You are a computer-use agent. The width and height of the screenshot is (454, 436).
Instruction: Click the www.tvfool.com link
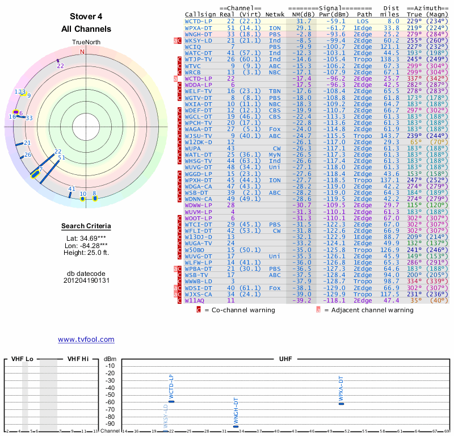pyautogui.click(x=86, y=339)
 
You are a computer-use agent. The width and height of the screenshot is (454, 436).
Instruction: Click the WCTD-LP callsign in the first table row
pyautogui.click(x=199, y=21)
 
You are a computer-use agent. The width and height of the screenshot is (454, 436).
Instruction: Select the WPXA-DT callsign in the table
pyautogui.click(x=199, y=28)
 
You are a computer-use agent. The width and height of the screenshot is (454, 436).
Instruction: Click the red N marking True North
pyautogui.click(x=83, y=52)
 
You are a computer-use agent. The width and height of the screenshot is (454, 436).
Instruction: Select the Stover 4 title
pyautogui.click(x=86, y=16)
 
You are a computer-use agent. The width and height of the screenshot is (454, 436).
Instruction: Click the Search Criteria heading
pyautogui.click(x=86, y=227)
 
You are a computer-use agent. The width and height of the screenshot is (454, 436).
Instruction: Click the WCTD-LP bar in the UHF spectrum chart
pyautogui.click(x=171, y=401)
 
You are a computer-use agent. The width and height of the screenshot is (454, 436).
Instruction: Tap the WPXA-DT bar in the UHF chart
pyautogui.click(x=342, y=404)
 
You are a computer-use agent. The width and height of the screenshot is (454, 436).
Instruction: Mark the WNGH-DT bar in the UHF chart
pyautogui.click(x=236, y=426)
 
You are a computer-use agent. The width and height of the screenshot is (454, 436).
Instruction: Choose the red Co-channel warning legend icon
pyautogui.click(x=199, y=310)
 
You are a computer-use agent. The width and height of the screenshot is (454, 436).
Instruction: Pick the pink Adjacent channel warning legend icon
pyautogui.click(x=318, y=310)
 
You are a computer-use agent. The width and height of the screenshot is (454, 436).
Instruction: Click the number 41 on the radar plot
pyautogui.click(x=72, y=189)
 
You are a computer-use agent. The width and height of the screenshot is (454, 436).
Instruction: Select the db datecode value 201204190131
pyautogui.click(x=86, y=280)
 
